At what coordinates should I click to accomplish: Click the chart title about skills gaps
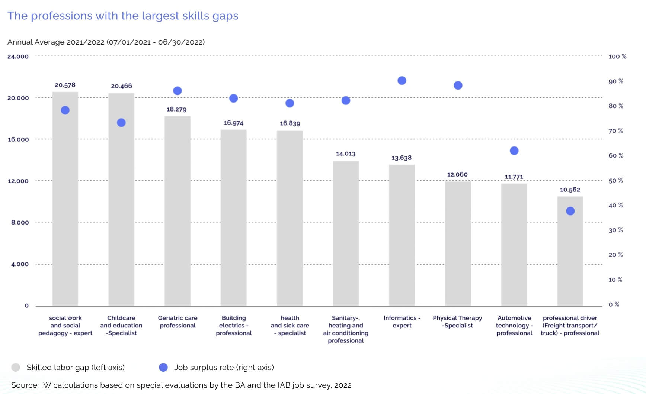pyautogui.click(x=123, y=16)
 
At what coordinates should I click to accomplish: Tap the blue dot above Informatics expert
pyautogui.click(x=402, y=81)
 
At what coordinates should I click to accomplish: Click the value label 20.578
pyautogui.click(x=65, y=85)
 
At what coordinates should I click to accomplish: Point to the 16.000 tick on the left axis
pyautogui.click(x=18, y=139)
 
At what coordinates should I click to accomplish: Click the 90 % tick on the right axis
pyautogui.click(x=616, y=81)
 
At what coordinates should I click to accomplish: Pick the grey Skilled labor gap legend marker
pyautogui.click(x=16, y=367)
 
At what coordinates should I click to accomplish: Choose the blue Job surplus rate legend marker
pyautogui.click(x=163, y=367)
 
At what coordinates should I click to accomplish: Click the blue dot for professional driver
pyautogui.click(x=570, y=211)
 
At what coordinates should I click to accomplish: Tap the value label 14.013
pyautogui.click(x=346, y=154)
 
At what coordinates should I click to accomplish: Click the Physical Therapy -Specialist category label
pyautogui.click(x=457, y=322)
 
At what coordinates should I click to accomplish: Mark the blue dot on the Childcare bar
pyautogui.click(x=121, y=123)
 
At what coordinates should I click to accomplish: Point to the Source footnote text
pyautogui.click(x=181, y=385)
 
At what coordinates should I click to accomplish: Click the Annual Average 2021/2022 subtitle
pyautogui.click(x=106, y=42)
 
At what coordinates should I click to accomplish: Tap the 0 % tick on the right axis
pyautogui.click(x=614, y=304)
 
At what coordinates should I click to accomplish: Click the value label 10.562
pyautogui.click(x=570, y=190)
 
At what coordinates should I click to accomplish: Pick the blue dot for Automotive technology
pyautogui.click(x=514, y=151)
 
